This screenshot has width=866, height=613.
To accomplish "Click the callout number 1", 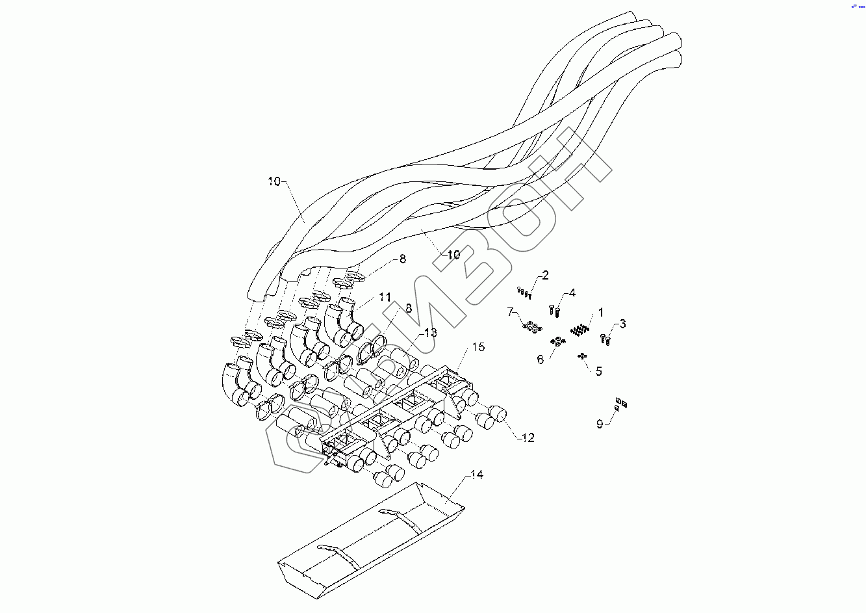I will [601, 313].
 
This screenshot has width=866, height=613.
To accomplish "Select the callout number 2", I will [545, 276].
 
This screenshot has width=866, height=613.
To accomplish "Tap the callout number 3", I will [622, 324].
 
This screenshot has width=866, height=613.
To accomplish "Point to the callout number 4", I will [572, 293].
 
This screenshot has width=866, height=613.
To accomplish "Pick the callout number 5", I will [598, 371].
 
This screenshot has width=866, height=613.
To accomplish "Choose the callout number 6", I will [540, 359].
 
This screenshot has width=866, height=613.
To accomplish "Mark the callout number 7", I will [511, 312].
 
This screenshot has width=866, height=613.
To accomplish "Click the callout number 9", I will [600, 424].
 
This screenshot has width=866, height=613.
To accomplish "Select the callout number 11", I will [385, 297].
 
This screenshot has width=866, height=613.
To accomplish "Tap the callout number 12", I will [528, 438].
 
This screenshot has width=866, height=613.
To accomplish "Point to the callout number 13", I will [430, 332].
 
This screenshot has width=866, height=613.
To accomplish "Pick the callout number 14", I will [477, 475].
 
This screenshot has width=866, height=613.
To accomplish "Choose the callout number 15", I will [478, 347].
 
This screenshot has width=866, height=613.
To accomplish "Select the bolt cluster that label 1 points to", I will [579, 330].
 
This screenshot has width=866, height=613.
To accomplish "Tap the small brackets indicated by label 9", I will [620, 404].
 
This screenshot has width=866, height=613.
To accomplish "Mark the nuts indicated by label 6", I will [557, 342].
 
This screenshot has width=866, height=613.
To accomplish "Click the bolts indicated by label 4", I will [554, 310].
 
